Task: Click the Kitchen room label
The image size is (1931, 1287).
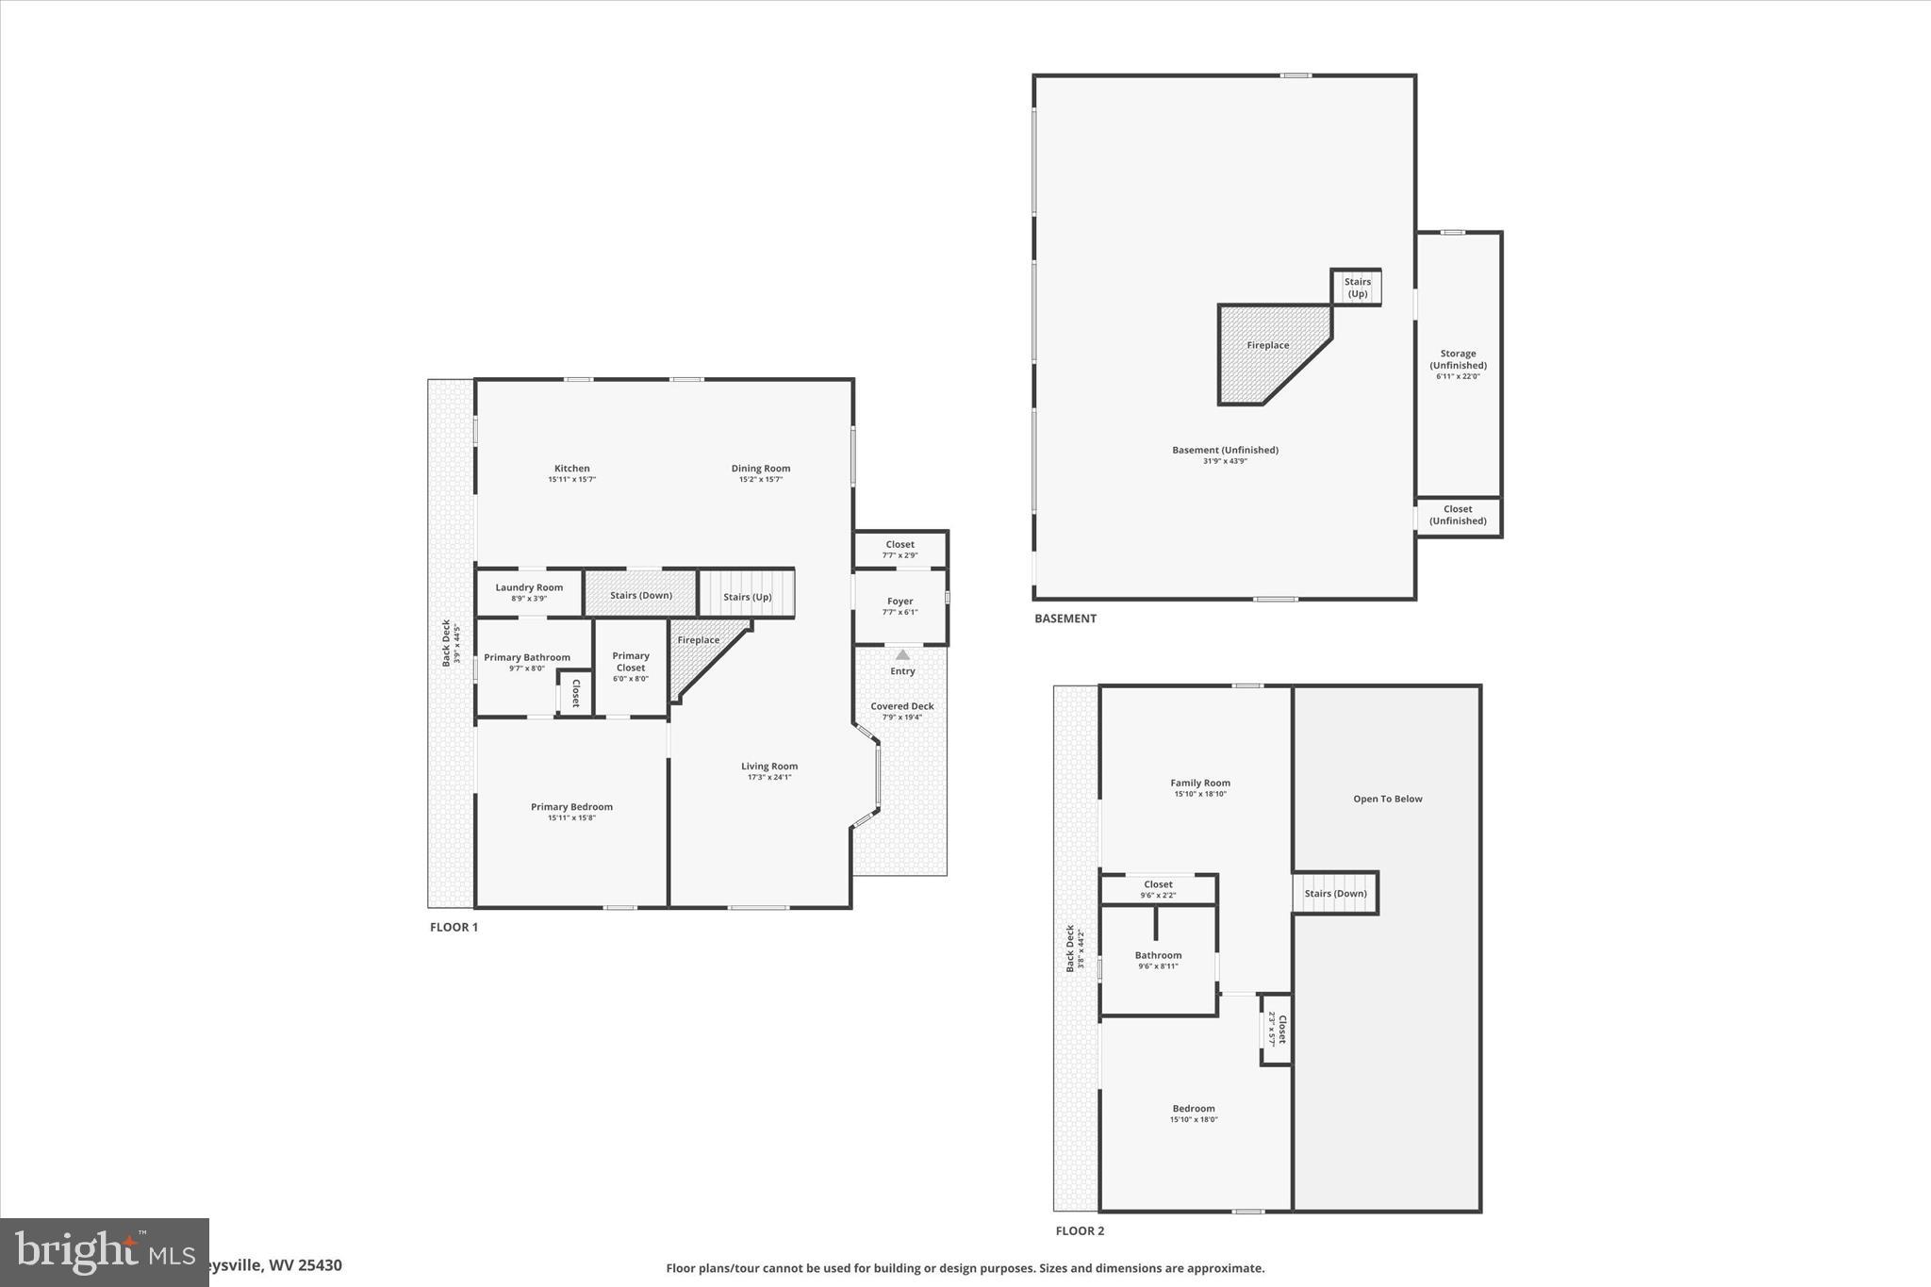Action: [571, 469]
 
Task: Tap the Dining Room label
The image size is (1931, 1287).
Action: [761, 469]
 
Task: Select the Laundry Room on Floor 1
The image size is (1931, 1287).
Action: [529, 593]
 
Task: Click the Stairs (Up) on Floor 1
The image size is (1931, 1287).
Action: [747, 596]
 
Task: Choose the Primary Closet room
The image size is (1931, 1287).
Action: [631, 666]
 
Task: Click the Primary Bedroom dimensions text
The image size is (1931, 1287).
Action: [571, 818]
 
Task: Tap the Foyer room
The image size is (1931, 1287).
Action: [900, 606]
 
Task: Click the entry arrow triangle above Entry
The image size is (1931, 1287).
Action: [902, 654]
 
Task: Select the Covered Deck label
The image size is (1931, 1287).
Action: [902, 706]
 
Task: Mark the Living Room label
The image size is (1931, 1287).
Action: [769, 767]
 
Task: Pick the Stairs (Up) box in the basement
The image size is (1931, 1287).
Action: [1357, 288]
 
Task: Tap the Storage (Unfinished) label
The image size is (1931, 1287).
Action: [1458, 359]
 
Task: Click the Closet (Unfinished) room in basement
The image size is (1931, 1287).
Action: [1458, 516]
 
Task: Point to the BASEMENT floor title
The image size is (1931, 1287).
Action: [1065, 619]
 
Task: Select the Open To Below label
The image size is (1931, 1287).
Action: [1387, 799]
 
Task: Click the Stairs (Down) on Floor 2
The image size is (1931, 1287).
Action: [1335, 894]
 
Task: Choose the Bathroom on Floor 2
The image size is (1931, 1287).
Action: [1158, 960]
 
